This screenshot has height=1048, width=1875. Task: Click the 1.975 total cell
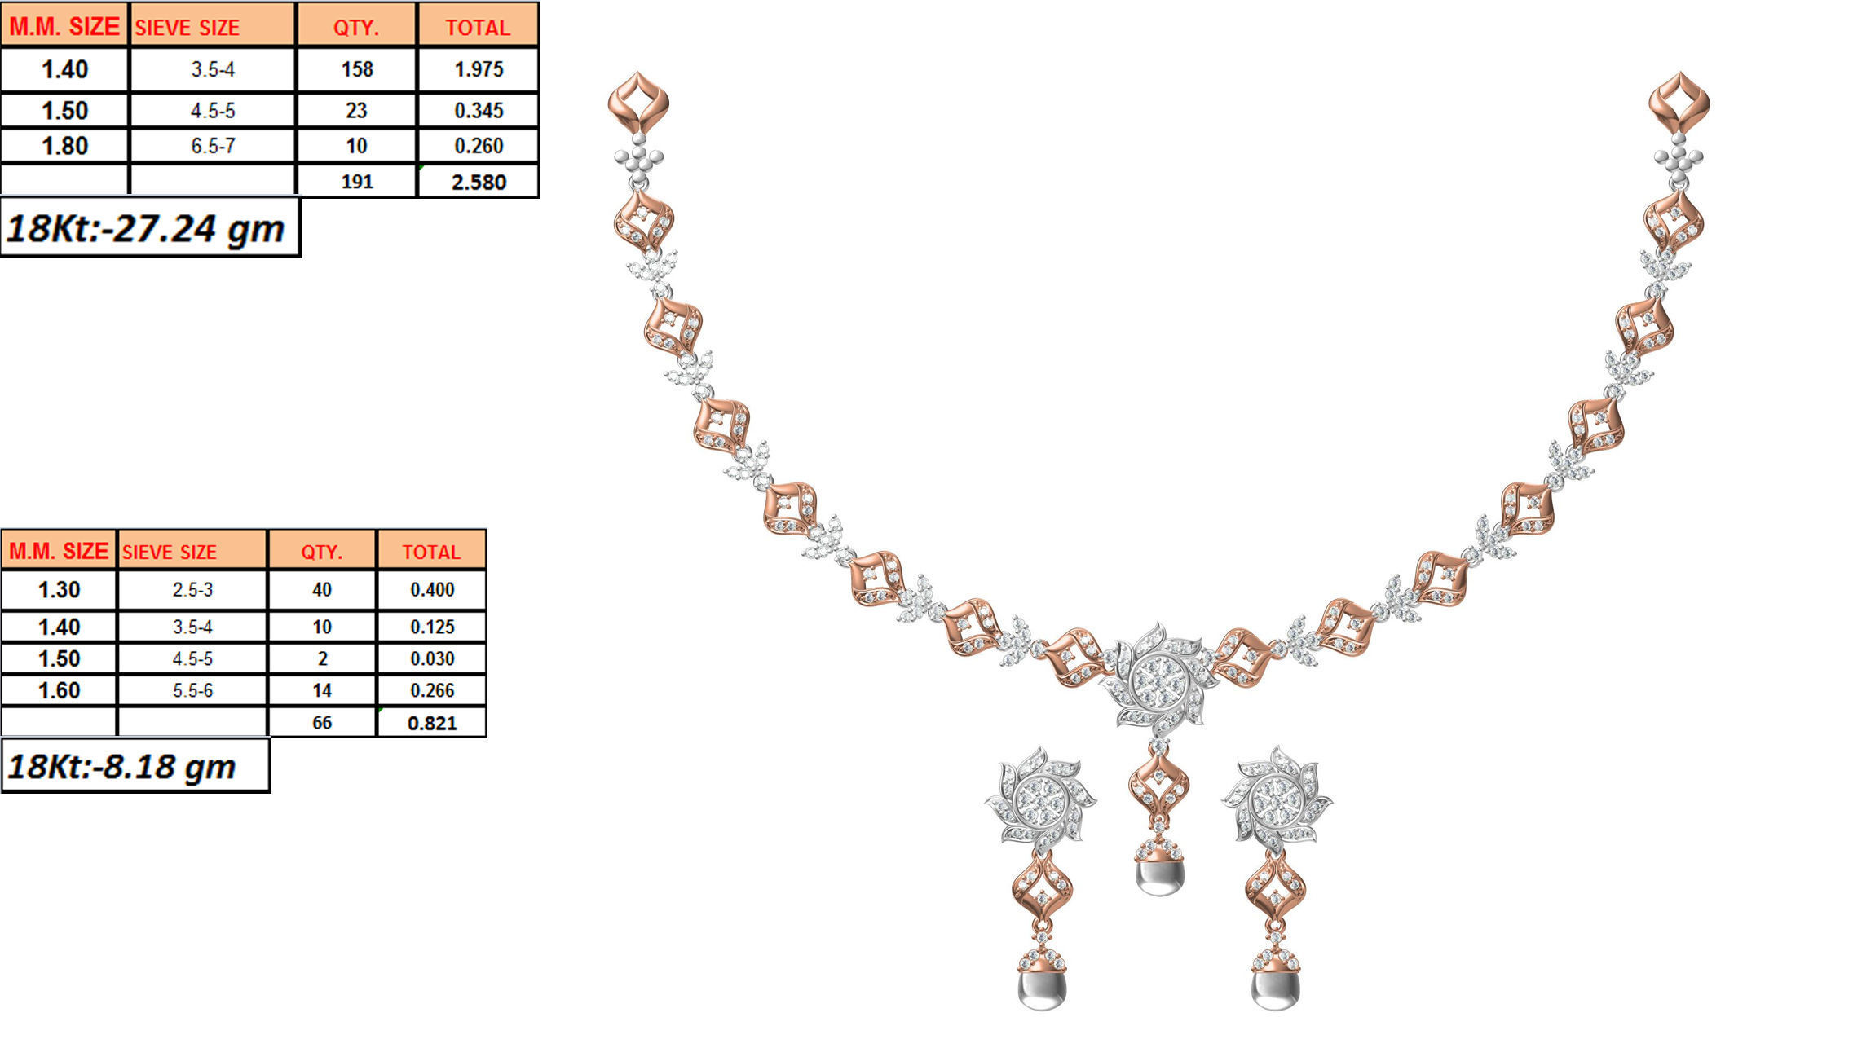click(x=479, y=69)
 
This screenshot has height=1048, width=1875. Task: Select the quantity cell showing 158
click(x=357, y=69)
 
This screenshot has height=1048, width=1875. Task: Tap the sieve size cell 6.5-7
click(x=213, y=146)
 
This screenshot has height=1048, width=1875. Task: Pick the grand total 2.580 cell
click(x=479, y=182)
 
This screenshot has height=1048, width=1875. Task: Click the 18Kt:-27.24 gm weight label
click(x=147, y=228)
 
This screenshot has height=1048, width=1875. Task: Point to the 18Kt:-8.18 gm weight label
click(x=122, y=767)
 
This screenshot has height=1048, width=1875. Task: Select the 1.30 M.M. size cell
click(x=59, y=589)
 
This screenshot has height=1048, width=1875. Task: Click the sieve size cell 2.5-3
click(x=192, y=589)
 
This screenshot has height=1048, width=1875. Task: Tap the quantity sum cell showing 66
click(x=322, y=723)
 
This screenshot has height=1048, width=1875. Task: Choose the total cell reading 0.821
click(x=432, y=723)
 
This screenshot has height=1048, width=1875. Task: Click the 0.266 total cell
click(x=432, y=690)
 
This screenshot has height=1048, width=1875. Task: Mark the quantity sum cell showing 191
click(x=357, y=182)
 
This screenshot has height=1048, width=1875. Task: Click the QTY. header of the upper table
click(x=356, y=28)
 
